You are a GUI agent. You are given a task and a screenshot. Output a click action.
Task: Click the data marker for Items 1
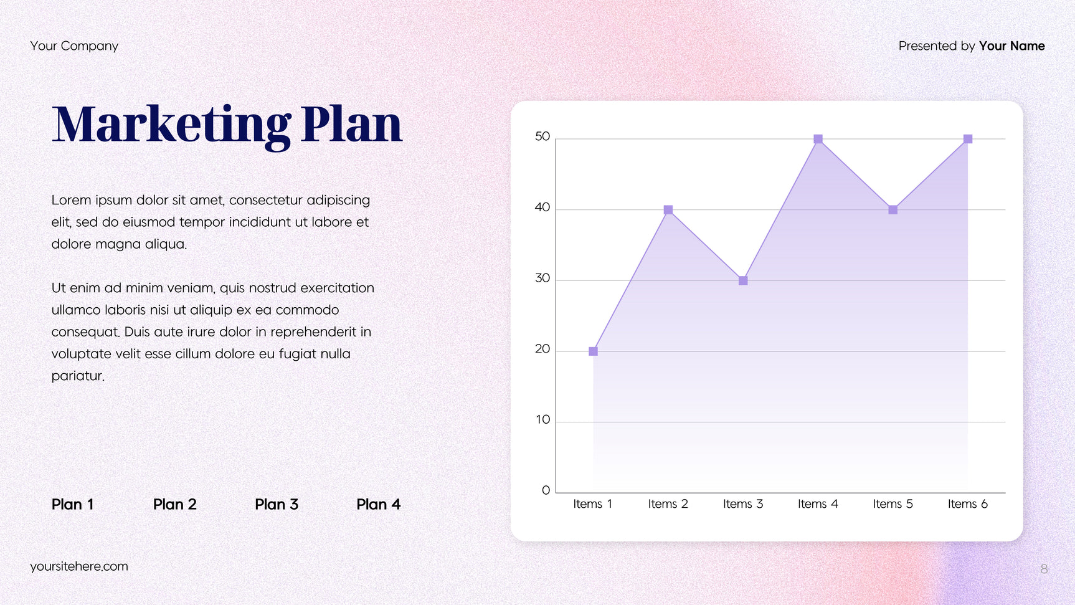pyautogui.click(x=593, y=351)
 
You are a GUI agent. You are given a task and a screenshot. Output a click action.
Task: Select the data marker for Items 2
pyautogui.click(x=668, y=210)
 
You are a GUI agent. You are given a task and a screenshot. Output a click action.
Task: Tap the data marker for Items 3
pyautogui.click(x=743, y=281)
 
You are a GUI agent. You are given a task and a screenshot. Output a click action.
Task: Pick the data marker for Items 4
pyautogui.click(x=818, y=139)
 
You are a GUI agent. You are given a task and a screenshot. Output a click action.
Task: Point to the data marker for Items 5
pyautogui.click(x=893, y=210)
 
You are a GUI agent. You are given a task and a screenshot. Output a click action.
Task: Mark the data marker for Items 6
pyautogui.click(x=968, y=139)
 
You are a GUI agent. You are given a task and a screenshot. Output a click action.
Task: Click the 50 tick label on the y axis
pyautogui.click(x=542, y=136)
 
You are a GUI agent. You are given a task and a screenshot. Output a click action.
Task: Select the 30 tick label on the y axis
pyautogui.click(x=542, y=278)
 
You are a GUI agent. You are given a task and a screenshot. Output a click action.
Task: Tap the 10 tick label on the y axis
pyautogui.click(x=543, y=420)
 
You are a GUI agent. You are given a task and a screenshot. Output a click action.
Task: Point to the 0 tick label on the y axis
pyautogui.click(x=546, y=490)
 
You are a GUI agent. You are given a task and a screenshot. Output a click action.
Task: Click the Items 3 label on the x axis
pyautogui.click(x=743, y=504)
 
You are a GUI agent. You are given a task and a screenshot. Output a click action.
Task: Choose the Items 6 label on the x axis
pyautogui.click(x=968, y=504)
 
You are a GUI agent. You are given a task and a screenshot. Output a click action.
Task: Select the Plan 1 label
pyautogui.click(x=73, y=505)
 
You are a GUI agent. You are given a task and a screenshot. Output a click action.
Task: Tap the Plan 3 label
pyautogui.click(x=277, y=505)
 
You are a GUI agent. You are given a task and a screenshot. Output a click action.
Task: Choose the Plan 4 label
pyautogui.click(x=379, y=505)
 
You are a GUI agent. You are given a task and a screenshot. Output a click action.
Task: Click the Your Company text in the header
pyautogui.click(x=74, y=46)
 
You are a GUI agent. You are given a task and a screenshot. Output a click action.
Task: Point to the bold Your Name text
pyautogui.click(x=1012, y=46)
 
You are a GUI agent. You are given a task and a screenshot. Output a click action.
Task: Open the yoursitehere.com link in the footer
pyautogui.click(x=79, y=566)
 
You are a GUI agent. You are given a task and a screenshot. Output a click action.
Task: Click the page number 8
pyautogui.click(x=1044, y=569)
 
